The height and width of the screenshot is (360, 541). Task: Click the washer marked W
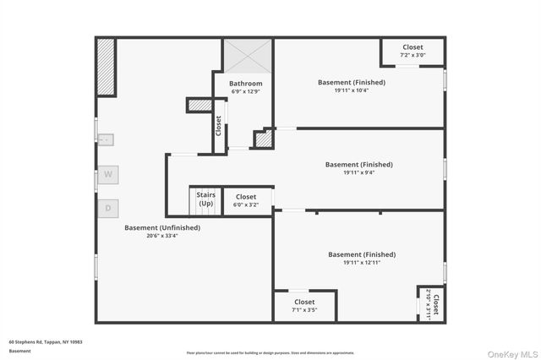click(108, 175)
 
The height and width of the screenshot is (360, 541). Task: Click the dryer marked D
click(108, 208)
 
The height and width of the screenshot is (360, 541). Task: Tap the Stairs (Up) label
click(206, 199)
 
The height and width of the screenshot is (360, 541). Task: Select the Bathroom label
click(245, 84)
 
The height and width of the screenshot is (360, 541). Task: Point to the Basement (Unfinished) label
click(162, 227)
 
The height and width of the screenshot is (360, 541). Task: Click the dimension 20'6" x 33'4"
click(162, 236)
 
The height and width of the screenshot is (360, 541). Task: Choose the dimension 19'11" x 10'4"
click(352, 90)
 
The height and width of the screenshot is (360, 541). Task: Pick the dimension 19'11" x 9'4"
click(359, 172)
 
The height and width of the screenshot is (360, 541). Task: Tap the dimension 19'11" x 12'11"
click(362, 262)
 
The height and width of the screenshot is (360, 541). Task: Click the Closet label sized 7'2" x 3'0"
click(413, 47)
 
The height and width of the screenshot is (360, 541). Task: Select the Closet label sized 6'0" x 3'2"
click(245, 197)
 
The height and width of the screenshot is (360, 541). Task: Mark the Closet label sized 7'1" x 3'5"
click(304, 302)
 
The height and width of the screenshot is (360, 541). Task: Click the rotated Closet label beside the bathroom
click(218, 127)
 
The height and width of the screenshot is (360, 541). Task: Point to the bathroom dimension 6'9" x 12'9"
click(245, 92)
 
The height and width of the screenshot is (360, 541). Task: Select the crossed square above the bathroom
click(248, 56)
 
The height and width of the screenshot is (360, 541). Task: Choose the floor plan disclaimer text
click(270, 353)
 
